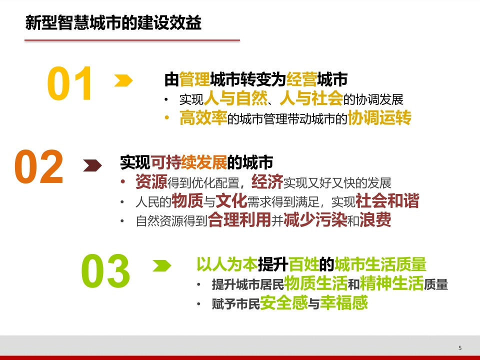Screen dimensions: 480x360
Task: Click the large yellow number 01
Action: coord(70,83)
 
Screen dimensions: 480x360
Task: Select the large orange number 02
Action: coord(39,166)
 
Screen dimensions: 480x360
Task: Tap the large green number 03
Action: coord(105,271)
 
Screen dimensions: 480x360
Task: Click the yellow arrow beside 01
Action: coord(123,80)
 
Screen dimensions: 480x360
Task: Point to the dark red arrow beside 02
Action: coord(92,165)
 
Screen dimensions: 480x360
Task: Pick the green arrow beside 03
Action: coord(162,265)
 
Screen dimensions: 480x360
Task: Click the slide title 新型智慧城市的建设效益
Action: coord(113,22)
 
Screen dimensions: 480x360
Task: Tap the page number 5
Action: coord(460,348)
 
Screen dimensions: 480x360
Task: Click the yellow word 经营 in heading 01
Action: coord(301,79)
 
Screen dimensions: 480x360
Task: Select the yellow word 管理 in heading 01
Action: coord(194,79)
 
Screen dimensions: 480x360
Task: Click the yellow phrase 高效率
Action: coord(203,118)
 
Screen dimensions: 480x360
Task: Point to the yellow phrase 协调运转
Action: coord(379,118)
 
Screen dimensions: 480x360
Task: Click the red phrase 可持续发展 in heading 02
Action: coord(189,162)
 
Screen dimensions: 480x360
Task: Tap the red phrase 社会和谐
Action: coord(387,201)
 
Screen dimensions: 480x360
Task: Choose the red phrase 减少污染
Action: coord(315,220)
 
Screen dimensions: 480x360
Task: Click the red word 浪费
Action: coord(375,220)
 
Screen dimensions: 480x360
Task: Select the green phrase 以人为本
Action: coord(227,264)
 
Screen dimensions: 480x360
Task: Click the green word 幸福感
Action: coord(344,303)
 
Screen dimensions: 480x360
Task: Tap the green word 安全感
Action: coord(284,303)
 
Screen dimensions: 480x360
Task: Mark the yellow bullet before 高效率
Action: coord(167,117)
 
